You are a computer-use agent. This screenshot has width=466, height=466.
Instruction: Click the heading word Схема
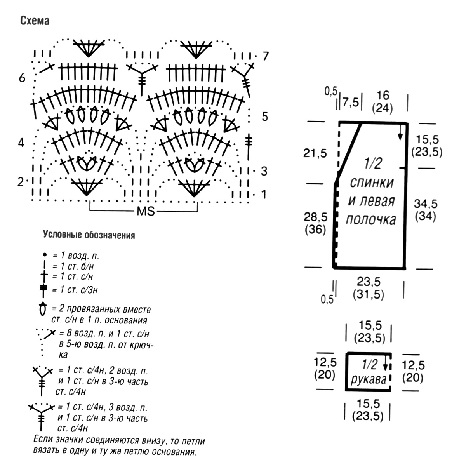pos(35,21)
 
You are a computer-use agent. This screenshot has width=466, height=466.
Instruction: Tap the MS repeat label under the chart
pos(146,211)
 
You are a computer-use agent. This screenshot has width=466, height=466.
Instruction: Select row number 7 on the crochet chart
pos(266,56)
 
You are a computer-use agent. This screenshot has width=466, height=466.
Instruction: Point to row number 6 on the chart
pos(22,78)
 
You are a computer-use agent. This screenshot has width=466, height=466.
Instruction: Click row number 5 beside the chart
pos(265,116)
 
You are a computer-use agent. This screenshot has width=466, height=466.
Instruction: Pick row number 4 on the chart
pos(21,143)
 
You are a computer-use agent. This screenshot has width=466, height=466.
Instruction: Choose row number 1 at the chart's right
pos(264,195)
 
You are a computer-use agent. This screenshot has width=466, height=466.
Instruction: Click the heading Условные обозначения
pos(89,235)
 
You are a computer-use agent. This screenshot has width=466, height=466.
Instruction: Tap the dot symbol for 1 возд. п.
pos(44,255)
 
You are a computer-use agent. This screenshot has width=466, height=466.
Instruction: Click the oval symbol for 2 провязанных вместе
pos(43,309)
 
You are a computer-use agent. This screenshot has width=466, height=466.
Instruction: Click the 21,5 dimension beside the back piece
pos(315,153)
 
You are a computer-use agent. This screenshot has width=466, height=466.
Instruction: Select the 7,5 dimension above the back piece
pos(351,103)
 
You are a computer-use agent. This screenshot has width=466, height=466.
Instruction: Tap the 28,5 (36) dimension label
pos(316,223)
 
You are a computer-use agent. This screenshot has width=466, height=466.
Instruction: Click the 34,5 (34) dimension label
pos(426,210)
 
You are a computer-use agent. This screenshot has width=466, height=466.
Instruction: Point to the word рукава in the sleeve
pos(369,380)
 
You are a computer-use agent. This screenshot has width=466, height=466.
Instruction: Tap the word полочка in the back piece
pos(371,219)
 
